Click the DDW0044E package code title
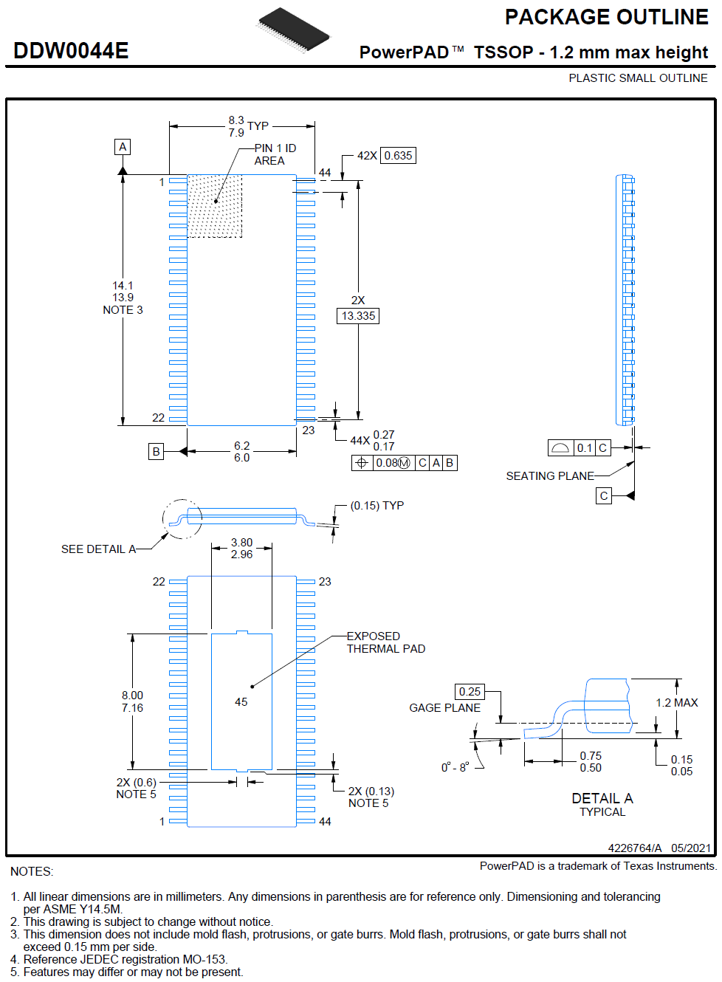[71, 51]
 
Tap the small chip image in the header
[294, 30]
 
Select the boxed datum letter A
[123, 147]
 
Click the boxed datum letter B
[156, 451]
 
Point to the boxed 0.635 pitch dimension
[398, 156]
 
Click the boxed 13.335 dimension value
[358, 316]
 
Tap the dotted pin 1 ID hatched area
[215, 206]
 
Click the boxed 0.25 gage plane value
[470, 692]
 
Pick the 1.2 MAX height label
[676, 703]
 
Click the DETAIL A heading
[602, 798]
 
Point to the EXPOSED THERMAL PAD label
[385, 642]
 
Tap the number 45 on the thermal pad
[241, 702]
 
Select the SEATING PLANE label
[550, 476]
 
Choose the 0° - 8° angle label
[455, 768]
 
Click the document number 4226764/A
[635, 848]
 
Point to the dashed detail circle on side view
[182, 519]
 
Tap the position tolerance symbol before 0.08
[361, 463]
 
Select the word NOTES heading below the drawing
[32, 872]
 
